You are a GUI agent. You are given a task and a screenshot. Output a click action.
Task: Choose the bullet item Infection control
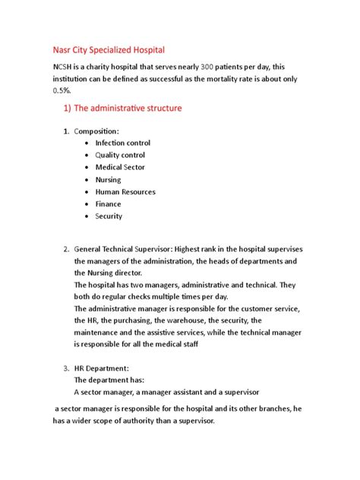122,143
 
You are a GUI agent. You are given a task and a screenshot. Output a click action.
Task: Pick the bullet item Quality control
120,155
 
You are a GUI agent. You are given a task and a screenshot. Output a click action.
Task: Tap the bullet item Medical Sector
120,167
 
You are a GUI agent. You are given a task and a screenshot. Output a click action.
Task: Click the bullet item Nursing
108,180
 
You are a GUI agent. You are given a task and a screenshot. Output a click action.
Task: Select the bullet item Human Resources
125,192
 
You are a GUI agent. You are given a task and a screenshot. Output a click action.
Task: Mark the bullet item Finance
108,204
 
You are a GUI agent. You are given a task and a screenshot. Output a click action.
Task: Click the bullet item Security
109,216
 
